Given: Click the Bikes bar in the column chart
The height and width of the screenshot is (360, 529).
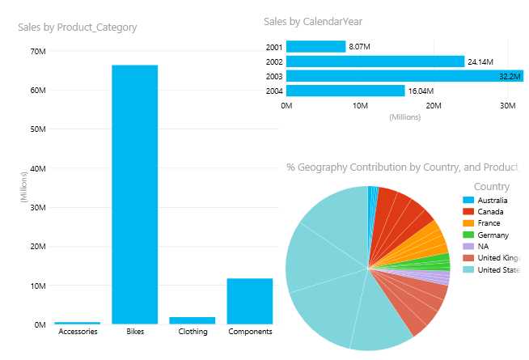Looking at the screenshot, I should (134, 194).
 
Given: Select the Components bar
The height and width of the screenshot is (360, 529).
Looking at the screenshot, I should (250, 301).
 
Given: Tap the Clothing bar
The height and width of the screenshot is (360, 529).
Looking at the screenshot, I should (192, 320).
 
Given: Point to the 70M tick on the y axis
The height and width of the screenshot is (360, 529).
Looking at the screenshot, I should (37, 51).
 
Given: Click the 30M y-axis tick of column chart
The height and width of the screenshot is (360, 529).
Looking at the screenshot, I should (37, 207).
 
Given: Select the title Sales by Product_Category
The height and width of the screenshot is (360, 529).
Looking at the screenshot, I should (78, 28).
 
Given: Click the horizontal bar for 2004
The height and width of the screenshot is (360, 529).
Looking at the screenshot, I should (345, 91).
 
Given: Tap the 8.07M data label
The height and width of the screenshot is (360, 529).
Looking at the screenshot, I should (360, 47).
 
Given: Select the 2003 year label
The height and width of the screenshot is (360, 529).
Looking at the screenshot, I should (274, 76).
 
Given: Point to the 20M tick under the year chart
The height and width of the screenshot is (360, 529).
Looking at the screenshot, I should (434, 106).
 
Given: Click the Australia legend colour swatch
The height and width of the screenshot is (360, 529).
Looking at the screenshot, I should (468, 200).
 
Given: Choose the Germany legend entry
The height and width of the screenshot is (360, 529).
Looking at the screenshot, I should (493, 235).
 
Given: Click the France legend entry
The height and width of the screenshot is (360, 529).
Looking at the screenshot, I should (489, 223).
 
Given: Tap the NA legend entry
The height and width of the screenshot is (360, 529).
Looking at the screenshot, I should (483, 247).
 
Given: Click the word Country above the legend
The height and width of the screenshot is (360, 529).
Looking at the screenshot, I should (492, 187).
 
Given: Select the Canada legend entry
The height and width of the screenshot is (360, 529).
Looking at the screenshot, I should (490, 212).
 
